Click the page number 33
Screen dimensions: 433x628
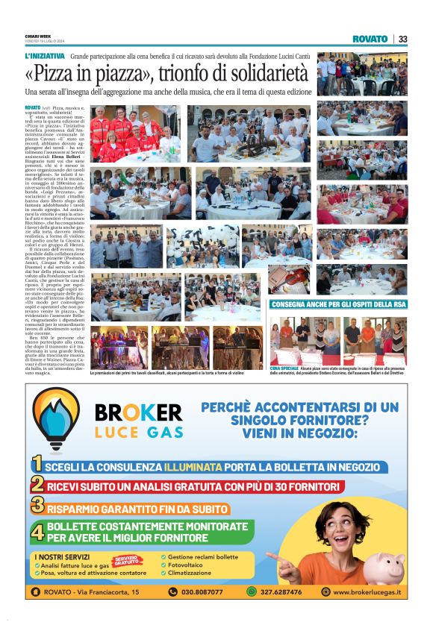pos(403,39)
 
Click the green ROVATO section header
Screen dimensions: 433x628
pos(370,39)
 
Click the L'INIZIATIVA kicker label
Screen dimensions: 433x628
pos(45,56)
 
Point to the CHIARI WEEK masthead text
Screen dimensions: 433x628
pos(38,36)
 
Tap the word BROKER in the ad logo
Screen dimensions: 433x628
pos(139,412)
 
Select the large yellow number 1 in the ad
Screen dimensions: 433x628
pos(36,466)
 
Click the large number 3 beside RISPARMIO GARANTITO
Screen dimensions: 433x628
pos(37,507)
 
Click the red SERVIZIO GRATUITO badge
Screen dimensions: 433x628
pos(127,559)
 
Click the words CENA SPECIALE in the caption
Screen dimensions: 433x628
pos(284,368)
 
